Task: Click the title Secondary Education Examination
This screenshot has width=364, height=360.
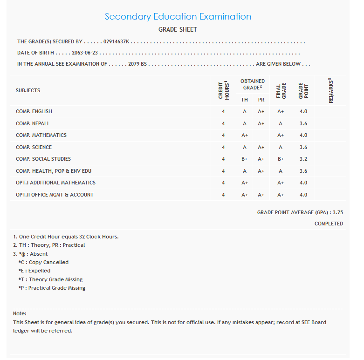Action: click(x=178, y=17)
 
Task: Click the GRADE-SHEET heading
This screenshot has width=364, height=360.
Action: click(x=178, y=30)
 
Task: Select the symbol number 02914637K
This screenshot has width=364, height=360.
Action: click(x=117, y=42)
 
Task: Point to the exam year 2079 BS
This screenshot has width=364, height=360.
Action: click(x=137, y=64)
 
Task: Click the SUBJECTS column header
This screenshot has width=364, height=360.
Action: click(x=28, y=90)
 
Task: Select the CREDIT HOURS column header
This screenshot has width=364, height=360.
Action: click(x=224, y=90)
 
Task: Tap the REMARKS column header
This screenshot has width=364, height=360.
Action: click(x=331, y=90)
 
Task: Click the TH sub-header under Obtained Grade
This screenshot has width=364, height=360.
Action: click(x=244, y=100)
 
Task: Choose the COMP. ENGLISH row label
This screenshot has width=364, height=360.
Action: click(x=34, y=112)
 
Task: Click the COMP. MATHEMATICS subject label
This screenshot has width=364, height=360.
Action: click(x=41, y=136)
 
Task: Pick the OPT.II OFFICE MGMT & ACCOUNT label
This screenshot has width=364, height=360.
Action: click(x=55, y=195)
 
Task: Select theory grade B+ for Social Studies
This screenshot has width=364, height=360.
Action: click(x=244, y=159)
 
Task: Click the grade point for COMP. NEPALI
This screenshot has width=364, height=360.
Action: click(x=303, y=124)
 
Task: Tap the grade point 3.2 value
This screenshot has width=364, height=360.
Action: click(x=303, y=159)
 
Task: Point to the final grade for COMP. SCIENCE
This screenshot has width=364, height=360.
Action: click(x=281, y=148)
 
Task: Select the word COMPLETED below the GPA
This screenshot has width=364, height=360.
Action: click(x=329, y=224)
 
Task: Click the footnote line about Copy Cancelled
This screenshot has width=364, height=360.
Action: click(x=43, y=263)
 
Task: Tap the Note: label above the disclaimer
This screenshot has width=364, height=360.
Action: click(x=20, y=313)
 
